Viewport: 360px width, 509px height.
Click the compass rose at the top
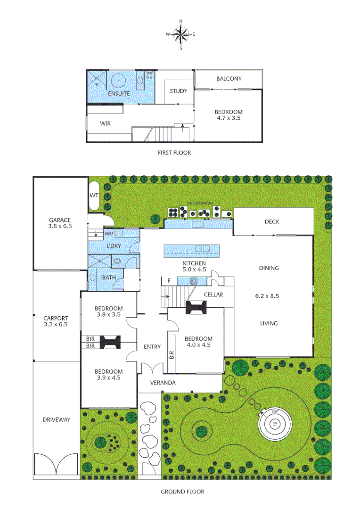tap(181, 34)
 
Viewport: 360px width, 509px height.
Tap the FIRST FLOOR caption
tap(174, 153)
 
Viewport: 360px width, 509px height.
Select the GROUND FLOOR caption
tap(183, 492)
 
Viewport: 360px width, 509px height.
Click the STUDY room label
tap(179, 91)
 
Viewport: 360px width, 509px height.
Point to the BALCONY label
tap(229, 79)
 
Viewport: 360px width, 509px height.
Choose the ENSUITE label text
tap(119, 94)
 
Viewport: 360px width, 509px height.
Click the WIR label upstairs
tap(105, 123)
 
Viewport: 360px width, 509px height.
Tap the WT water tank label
tap(94, 195)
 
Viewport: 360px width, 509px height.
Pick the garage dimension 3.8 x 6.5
tap(60, 226)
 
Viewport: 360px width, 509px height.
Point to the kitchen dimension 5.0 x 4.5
tap(195, 270)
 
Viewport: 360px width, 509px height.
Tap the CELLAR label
tap(213, 295)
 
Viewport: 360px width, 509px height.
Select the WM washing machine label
tap(109, 233)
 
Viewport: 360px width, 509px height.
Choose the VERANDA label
tap(163, 383)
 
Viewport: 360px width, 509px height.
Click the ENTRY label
tap(152, 347)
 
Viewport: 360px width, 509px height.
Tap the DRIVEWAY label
tap(56, 419)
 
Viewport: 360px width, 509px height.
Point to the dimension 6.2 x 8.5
tap(267, 296)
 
